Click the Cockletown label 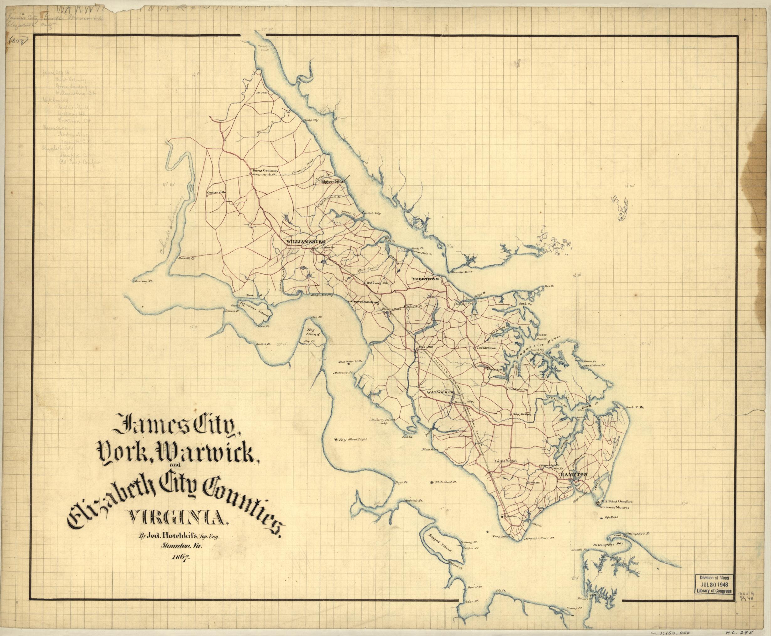pyautogui.click(x=488, y=347)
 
